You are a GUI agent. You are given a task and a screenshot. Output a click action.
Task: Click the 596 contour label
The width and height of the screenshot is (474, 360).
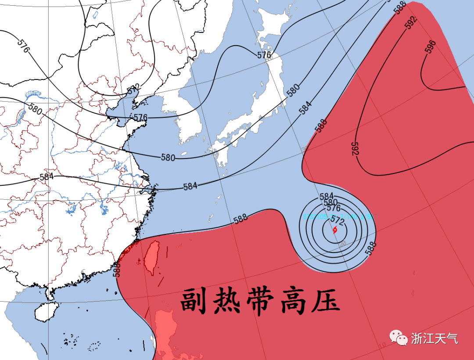pos(431,47)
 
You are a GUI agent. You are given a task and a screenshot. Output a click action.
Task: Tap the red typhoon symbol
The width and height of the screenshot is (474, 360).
pos(334,230)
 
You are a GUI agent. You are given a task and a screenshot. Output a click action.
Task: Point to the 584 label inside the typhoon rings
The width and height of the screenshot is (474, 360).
pos(327,196)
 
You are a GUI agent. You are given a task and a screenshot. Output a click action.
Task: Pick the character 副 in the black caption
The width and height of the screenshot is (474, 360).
pos(196,300)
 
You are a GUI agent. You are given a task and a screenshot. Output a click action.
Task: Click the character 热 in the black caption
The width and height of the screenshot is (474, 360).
pos(229,300)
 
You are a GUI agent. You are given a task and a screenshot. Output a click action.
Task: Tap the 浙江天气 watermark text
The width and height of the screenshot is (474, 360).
pos(434,338)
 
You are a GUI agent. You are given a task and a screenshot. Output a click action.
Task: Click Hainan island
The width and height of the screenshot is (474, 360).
pos(46,313)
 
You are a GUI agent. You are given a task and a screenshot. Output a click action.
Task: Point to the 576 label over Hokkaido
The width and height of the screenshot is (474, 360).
pos(264,55)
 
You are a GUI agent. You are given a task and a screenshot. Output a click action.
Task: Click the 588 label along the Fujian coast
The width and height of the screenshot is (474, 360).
pos(117,269)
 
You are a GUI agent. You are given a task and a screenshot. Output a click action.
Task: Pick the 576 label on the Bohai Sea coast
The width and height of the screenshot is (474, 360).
pos(140,118)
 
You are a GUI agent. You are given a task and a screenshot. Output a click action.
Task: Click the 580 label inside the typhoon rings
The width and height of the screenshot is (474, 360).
pos(330,202)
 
